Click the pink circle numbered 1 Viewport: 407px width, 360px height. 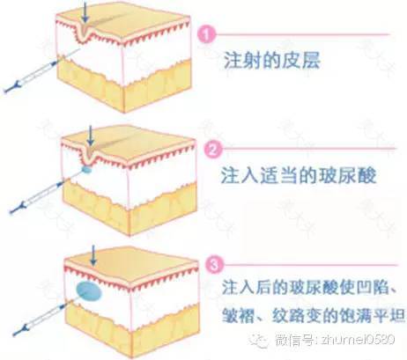pos(207,34)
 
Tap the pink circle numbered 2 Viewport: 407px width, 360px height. pos(213,150)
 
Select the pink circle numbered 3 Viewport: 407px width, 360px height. pos(214,265)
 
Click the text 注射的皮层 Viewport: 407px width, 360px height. pos(271,61)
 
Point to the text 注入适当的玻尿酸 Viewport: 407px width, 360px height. pos(299,175)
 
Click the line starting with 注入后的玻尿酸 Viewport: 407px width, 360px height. pos(309,287)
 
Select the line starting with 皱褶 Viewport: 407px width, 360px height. pos(314,315)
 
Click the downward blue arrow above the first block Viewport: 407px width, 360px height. pos(85,12)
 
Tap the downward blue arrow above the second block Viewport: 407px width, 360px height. pos(91,136)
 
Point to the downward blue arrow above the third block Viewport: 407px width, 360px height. pos(93,255)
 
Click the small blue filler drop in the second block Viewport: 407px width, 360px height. pos(86,169)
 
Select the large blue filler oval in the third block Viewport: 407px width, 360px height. pos(89,291)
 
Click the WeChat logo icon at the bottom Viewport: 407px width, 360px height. pos(259,340)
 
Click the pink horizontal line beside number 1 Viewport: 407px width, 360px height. pos(302,34)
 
